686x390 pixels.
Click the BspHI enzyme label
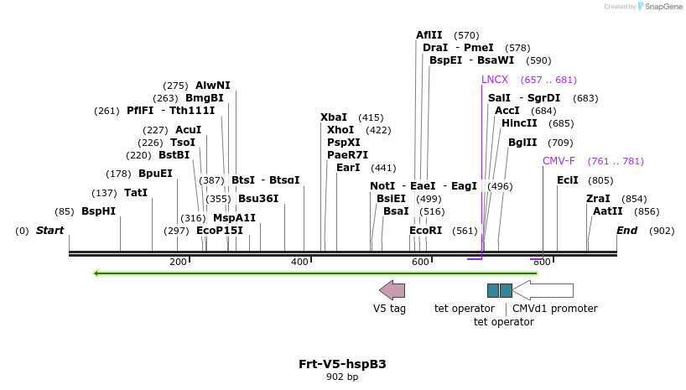point(98,211)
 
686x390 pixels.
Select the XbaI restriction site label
point(334,117)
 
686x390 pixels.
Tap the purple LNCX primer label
point(495,80)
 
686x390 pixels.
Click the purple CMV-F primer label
point(559,161)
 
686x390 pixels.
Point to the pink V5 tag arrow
point(392,290)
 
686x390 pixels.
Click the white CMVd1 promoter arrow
point(543,290)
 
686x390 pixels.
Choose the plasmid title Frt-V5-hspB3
point(342,364)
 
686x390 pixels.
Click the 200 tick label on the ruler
point(178,263)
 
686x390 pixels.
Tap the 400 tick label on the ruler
point(299,263)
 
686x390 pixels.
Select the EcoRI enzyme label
point(425,231)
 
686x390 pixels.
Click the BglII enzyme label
point(522,143)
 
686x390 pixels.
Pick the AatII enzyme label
point(608,211)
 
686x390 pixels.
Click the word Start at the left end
point(49,231)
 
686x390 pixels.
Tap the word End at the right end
point(626,231)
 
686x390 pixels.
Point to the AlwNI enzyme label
point(212,86)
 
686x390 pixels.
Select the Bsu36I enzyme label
point(258,199)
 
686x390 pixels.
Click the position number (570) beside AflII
point(466,35)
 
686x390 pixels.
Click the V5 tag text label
point(389,309)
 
